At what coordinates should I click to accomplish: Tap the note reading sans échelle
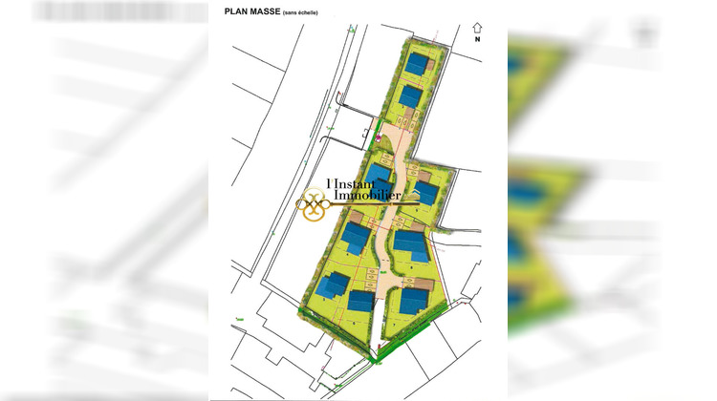pyautogui.click(x=300, y=12)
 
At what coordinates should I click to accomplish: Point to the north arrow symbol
pyautogui.click(x=477, y=28)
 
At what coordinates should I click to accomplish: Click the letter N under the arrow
pyautogui.click(x=477, y=41)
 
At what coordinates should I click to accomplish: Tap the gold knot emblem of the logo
pyautogui.click(x=315, y=204)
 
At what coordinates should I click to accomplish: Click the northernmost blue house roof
pyautogui.click(x=417, y=64)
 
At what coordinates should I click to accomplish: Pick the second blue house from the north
pyautogui.click(x=410, y=96)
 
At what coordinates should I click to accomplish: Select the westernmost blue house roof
pyautogui.click(x=334, y=285)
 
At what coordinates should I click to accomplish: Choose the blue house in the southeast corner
pyautogui.click(x=414, y=301)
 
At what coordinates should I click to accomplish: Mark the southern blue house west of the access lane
pyautogui.click(x=360, y=301)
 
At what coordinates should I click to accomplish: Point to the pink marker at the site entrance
pyautogui.click(x=379, y=138)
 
